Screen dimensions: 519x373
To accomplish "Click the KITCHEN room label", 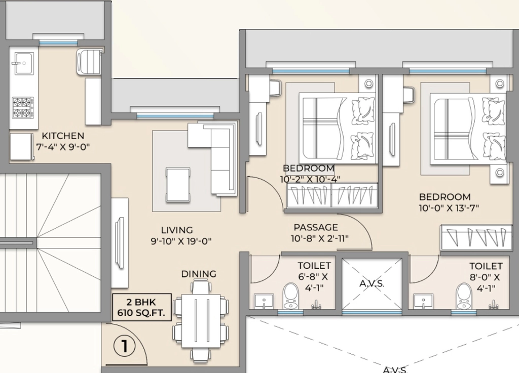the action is [x=63, y=136].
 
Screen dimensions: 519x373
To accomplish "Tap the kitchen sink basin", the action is [x=24, y=63].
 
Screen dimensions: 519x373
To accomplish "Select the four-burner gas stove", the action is [x=23, y=107].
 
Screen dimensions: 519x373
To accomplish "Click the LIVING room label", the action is [x=177, y=230].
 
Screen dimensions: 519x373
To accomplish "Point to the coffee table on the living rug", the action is [x=178, y=184].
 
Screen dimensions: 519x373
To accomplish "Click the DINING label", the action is [x=199, y=274].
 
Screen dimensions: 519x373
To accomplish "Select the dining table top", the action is [x=201, y=321].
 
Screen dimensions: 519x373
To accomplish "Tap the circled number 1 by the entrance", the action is [x=125, y=346].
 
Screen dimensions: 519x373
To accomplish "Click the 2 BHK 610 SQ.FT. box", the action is [x=142, y=307].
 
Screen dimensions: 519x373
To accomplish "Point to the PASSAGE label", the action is [x=316, y=227].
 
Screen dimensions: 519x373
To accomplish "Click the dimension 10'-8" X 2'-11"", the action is [x=320, y=238].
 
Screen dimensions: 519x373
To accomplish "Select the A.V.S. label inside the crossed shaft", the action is [x=372, y=283].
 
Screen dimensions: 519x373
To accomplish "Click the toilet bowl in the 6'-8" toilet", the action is [x=291, y=296].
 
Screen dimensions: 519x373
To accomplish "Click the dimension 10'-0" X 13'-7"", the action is [x=449, y=208].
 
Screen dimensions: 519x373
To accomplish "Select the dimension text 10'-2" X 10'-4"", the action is [x=310, y=179].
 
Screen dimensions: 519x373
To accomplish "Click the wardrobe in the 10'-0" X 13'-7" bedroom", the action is [x=476, y=237].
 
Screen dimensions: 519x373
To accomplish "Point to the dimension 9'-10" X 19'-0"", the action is [x=181, y=241].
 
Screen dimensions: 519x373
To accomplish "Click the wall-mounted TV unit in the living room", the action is [x=120, y=243].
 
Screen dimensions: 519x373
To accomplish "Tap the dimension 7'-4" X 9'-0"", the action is [x=63, y=147].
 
